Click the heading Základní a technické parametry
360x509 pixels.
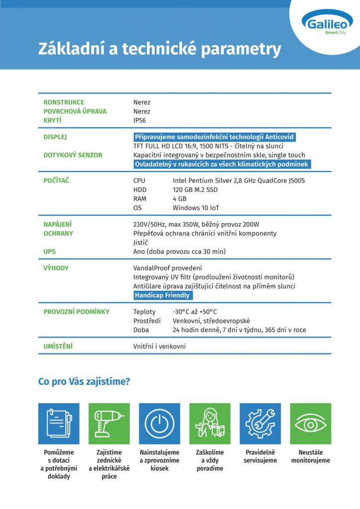(x=159, y=49)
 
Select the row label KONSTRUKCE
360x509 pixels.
(x=64, y=102)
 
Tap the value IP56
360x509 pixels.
(x=140, y=120)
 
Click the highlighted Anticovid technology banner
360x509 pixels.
(x=214, y=137)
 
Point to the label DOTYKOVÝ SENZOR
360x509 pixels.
(x=73, y=155)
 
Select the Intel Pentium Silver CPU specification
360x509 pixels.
(x=239, y=180)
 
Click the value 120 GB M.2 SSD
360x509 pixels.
(x=195, y=190)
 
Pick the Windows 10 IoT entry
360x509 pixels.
(x=196, y=208)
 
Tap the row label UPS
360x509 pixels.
(x=50, y=252)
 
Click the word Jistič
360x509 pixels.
(x=141, y=243)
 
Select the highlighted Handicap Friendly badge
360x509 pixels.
(x=162, y=295)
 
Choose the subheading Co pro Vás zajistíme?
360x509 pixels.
(x=85, y=382)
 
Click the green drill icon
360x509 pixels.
(x=109, y=424)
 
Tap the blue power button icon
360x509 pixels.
(x=159, y=424)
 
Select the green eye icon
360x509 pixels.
(x=310, y=424)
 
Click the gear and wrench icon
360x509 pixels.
(x=260, y=424)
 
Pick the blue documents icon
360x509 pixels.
(x=59, y=424)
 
